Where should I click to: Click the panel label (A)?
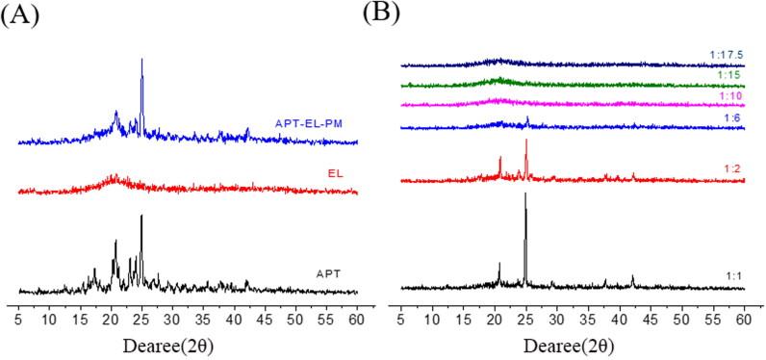20,17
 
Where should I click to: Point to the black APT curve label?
329,274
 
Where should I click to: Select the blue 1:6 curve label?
730,116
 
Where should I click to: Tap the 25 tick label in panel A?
141,315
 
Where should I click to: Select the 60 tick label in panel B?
744,315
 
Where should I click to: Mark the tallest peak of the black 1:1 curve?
525,194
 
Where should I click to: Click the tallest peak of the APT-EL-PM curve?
142,60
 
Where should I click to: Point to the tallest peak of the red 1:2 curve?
526,141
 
